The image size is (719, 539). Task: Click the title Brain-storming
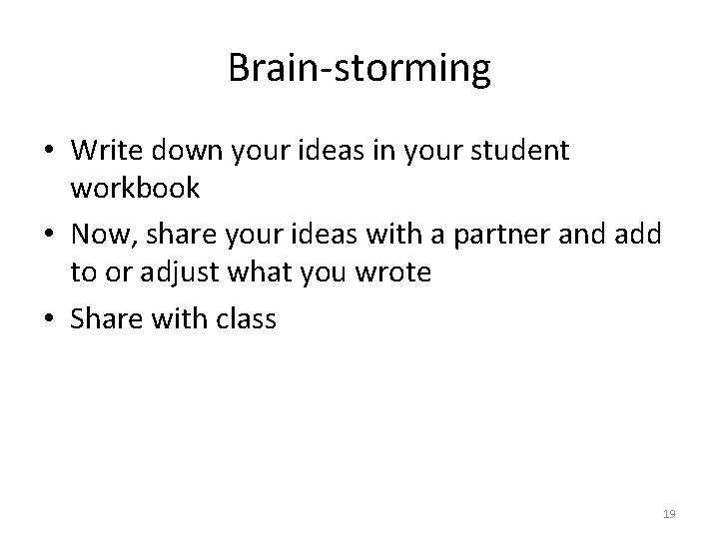pyautogui.click(x=359, y=69)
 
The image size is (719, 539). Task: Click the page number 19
pyautogui.click(x=669, y=515)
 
